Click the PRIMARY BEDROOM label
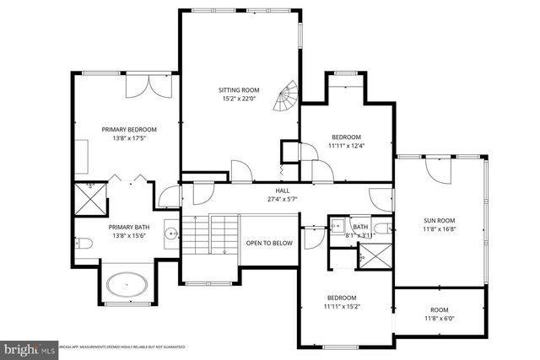tap(130, 129)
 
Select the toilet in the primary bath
tap(84, 244)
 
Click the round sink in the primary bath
tap(171, 234)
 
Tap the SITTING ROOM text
tap(240, 89)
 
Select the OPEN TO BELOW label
tap(269, 243)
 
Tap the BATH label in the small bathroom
tap(360, 226)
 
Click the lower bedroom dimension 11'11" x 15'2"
tap(343, 306)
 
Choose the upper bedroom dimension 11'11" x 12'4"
tap(346, 145)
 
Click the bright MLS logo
tap(24, 347)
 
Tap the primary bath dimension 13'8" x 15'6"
tap(129, 236)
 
